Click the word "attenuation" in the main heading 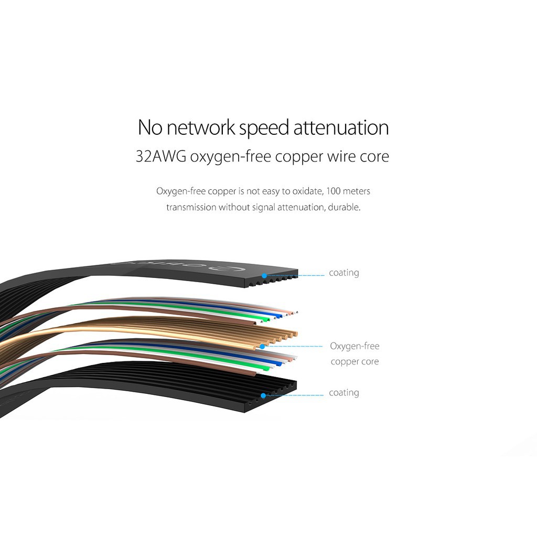[341, 127]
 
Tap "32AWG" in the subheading [161, 156]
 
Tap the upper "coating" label [344, 273]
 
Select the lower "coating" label [344, 392]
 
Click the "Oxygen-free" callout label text [355, 346]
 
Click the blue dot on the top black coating [264, 276]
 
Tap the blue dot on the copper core [262, 347]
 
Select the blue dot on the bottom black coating [263, 395]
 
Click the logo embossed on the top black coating [178, 265]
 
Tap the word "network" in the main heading [201, 127]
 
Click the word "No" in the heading [150, 127]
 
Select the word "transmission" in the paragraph [191, 207]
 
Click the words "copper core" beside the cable [355, 362]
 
